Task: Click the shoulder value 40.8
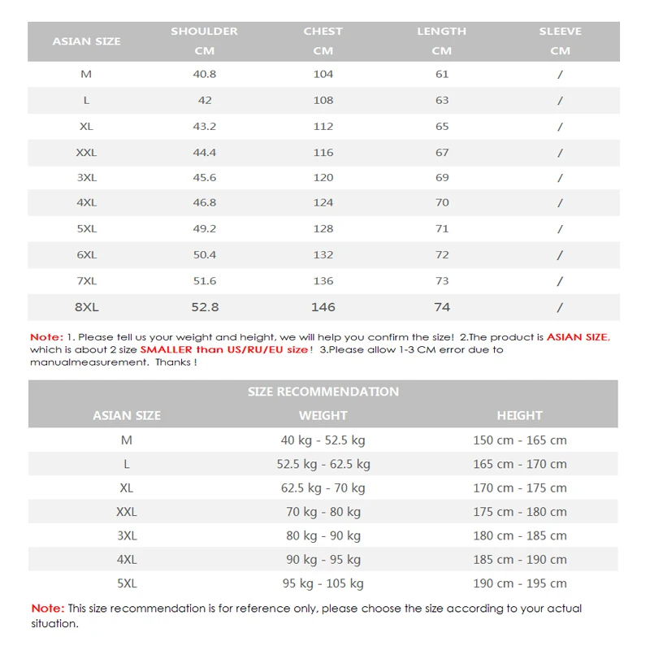point(204,74)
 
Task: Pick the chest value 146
point(323,307)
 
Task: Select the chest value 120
point(323,177)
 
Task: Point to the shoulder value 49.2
point(204,228)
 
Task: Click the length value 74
point(441,307)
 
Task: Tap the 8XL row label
point(86,307)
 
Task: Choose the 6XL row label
point(86,254)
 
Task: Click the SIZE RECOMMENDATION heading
point(323,392)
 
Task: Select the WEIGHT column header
point(323,415)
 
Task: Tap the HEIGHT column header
point(519,415)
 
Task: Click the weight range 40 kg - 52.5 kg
point(323,440)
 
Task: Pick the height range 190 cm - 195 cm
point(519,583)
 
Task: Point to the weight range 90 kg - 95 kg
point(323,560)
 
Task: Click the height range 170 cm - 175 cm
point(519,488)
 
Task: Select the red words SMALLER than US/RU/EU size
point(224,349)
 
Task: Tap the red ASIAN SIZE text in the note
point(577,336)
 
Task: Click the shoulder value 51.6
point(204,280)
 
